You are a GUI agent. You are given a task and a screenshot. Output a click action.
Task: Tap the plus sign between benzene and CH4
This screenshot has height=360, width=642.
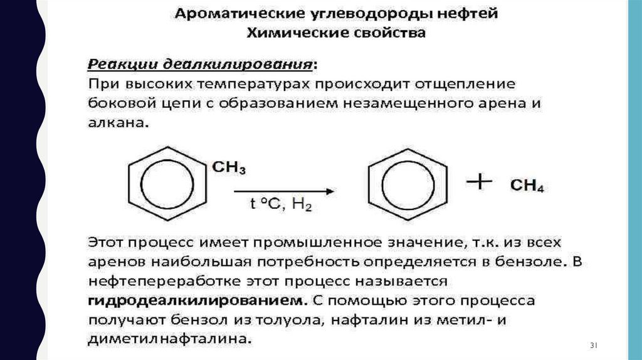coord(480,183)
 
